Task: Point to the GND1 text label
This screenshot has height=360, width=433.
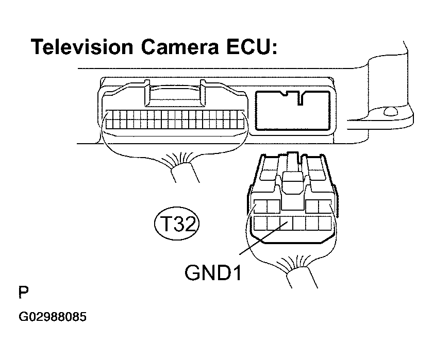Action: point(213,271)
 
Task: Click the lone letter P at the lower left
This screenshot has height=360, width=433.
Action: point(24,294)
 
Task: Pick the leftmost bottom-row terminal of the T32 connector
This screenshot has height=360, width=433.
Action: point(259,224)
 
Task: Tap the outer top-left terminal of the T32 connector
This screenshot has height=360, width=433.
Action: point(260,207)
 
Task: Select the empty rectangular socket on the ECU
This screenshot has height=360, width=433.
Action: point(292,110)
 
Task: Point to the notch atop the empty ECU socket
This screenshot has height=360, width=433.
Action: point(292,95)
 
